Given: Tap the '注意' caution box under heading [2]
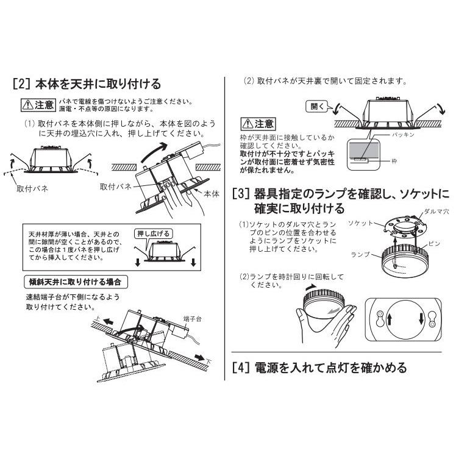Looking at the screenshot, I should pyautogui.click(x=38, y=104).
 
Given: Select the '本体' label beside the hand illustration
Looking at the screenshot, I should pyautogui.click(x=211, y=193).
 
